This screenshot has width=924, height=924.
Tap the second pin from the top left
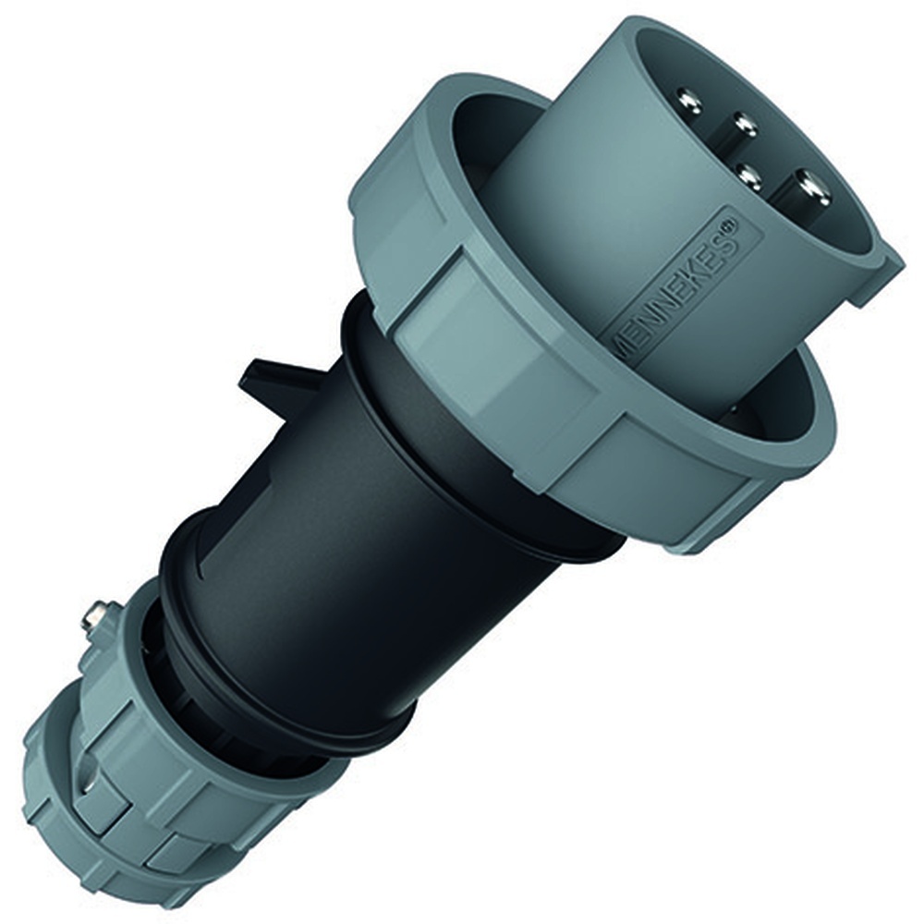(745, 123)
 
